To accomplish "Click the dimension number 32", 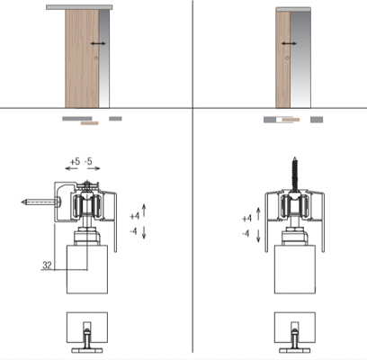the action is click(47, 265).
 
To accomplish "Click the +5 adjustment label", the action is click(75, 162).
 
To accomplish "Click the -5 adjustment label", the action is click(88, 162).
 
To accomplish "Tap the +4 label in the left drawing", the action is click(135, 216).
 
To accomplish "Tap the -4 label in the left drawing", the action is click(133, 231).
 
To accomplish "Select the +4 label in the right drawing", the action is click(246, 219).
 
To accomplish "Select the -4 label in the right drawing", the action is click(246, 233).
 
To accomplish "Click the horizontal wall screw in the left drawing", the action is click(41, 202).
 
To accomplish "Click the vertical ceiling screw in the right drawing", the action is click(295, 173).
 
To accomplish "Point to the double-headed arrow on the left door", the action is click(98, 43).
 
